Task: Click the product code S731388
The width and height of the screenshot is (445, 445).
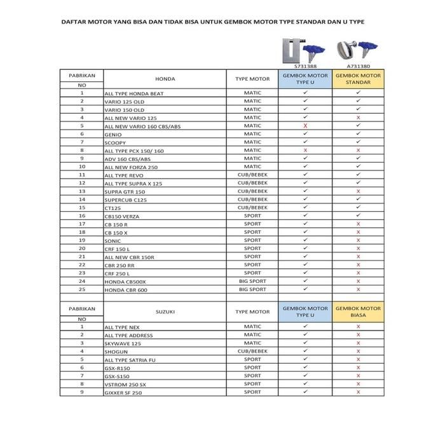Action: [x=305, y=65]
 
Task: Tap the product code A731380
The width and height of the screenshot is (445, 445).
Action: [x=359, y=65]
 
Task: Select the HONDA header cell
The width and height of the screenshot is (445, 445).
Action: [x=165, y=79]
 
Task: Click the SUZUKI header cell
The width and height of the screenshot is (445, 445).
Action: [x=165, y=312]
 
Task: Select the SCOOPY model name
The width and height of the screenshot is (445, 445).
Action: [x=115, y=142]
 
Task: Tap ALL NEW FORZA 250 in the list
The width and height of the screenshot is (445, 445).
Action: [x=130, y=167]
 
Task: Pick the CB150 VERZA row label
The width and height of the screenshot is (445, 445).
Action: [x=121, y=216]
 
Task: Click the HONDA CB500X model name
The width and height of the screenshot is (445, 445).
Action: [x=125, y=281]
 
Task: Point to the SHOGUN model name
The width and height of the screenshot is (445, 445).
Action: [x=116, y=351]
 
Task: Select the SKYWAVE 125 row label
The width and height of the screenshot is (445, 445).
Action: [x=123, y=343]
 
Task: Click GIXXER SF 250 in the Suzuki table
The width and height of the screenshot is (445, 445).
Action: [x=123, y=393]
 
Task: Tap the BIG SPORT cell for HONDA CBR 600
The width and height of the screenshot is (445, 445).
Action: [x=252, y=289]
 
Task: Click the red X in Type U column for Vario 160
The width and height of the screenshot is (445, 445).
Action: [x=305, y=126]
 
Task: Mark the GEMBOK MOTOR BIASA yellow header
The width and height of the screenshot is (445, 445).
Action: [x=359, y=311]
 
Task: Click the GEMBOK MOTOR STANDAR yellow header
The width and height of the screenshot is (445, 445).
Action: [x=359, y=79]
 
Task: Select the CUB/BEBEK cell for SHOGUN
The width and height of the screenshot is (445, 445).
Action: [x=252, y=351]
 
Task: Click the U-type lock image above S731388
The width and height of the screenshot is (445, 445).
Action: [x=293, y=50]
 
